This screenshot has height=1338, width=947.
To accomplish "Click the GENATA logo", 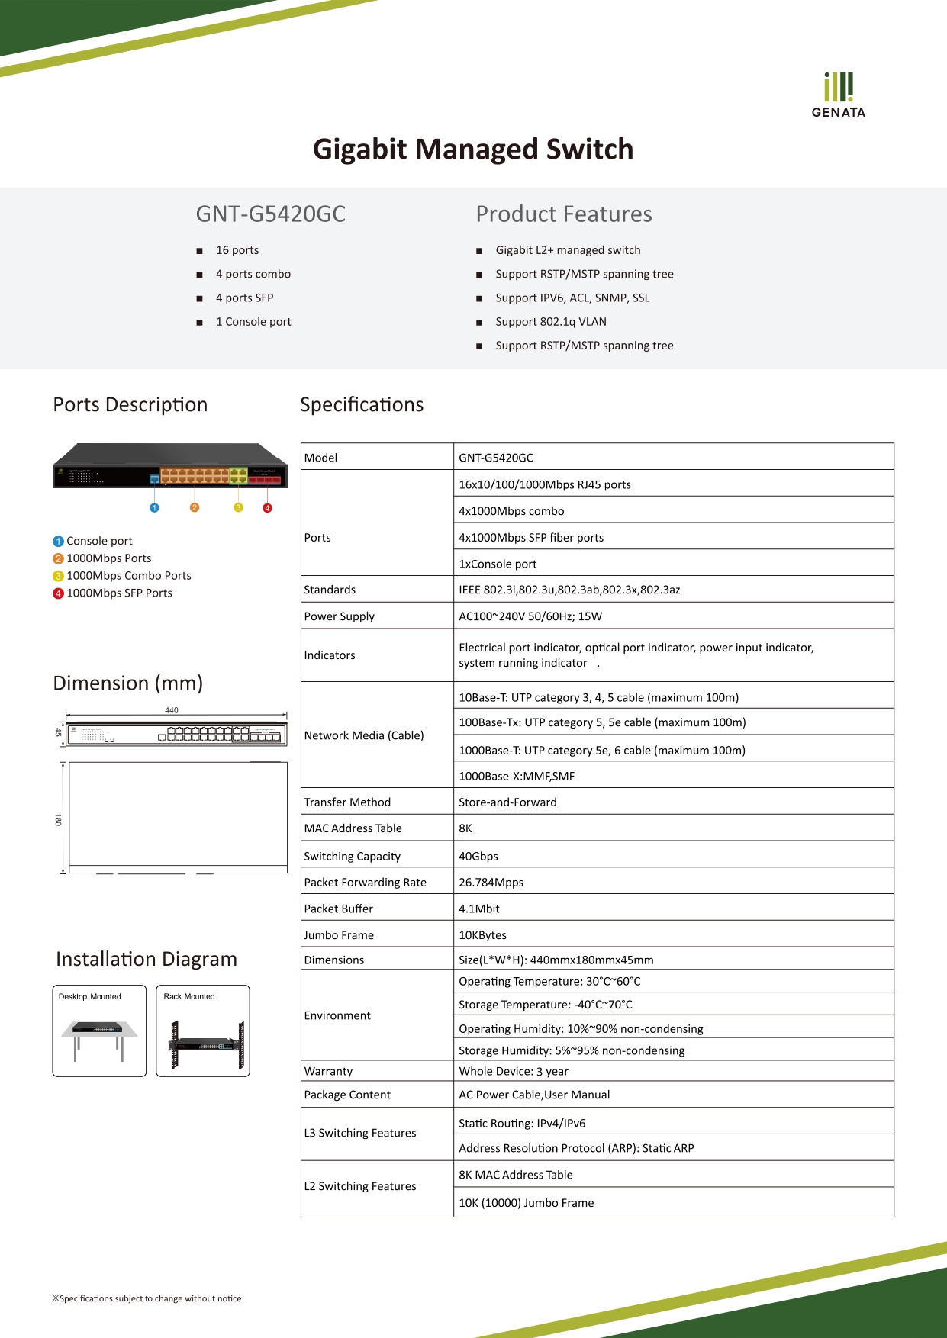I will (838, 95).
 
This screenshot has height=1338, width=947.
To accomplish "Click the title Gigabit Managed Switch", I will (473, 150).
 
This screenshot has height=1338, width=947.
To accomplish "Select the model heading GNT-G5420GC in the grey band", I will (271, 214).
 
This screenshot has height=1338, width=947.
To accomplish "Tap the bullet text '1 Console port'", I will (253, 322).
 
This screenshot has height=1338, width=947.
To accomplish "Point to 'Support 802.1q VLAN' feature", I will (551, 322).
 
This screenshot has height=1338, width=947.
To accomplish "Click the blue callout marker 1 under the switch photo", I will (154, 508).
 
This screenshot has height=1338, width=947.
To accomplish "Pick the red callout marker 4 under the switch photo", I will (267, 508).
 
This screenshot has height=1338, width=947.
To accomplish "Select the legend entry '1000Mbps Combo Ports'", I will (128, 576).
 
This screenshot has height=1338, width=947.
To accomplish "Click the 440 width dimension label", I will (172, 710).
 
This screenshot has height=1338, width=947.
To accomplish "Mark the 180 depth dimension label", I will (58, 820).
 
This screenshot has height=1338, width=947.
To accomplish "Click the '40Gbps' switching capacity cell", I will (478, 857).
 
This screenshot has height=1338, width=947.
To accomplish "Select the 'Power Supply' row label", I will (340, 616).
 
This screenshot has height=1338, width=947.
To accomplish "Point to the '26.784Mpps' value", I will (491, 883).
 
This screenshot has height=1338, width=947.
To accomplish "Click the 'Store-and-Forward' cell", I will (507, 802).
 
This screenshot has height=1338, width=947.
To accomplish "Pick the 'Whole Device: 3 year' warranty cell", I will (514, 1072).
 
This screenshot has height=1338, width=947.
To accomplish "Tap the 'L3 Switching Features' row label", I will (360, 1134).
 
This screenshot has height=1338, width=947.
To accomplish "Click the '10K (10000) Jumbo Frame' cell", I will (527, 1203).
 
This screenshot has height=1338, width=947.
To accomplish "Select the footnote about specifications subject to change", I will (148, 1298).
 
